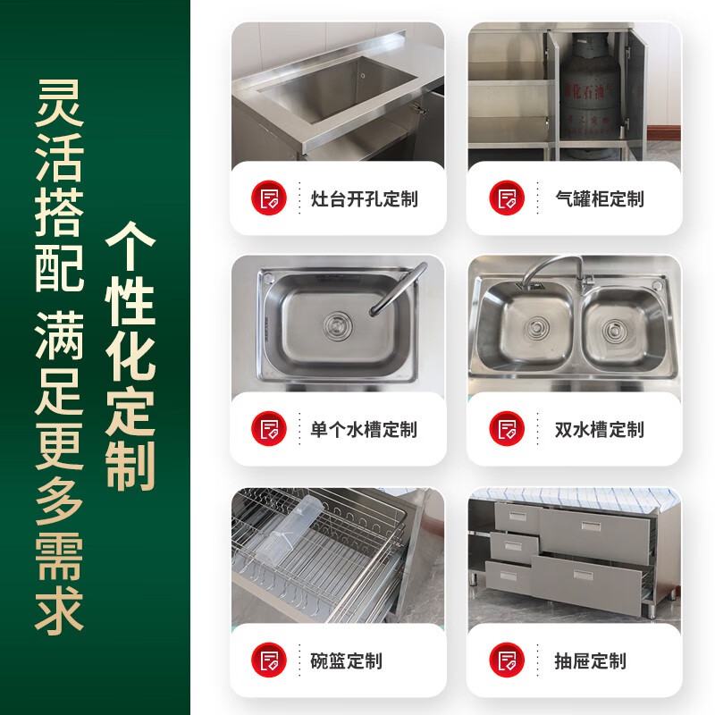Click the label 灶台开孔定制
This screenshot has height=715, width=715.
point(364,198)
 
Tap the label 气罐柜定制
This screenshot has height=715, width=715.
point(599,198)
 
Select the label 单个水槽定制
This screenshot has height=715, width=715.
point(364,430)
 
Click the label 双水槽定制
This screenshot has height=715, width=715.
point(599,430)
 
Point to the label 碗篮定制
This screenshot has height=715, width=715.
point(346,661)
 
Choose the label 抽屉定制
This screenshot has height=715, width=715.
point(590,661)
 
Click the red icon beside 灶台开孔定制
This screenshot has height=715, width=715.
point(268,198)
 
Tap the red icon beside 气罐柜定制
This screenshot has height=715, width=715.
point(507,198)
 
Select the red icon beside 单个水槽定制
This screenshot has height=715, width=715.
point(268,429)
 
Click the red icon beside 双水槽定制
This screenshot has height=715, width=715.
point(507,429)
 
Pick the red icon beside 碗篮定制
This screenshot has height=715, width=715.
point(268,660)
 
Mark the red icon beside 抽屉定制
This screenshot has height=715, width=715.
point(507,660)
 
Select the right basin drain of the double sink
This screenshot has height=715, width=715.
point(615,332)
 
